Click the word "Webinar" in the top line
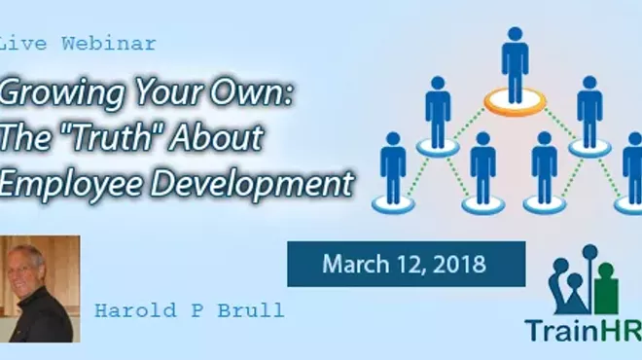(x=108, y=45)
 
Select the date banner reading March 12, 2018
(x=405, y=264)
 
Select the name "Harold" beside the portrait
(x=127, y=310)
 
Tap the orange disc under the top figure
(x=515, y=97)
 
